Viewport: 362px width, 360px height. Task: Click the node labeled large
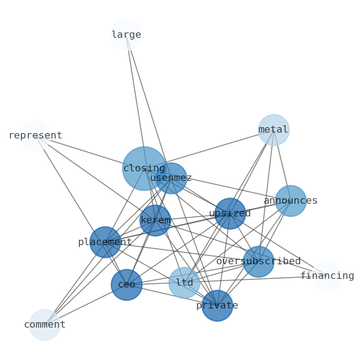126,35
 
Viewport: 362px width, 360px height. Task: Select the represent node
35,135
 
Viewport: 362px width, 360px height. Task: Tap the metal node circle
274,130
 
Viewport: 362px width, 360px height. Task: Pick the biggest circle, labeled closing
144,169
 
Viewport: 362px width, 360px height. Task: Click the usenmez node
171,178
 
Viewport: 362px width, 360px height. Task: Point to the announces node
290,201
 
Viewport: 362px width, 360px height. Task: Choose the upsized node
230,213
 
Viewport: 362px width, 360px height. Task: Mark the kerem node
155,221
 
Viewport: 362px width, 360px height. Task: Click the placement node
105,242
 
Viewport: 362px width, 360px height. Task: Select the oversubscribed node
259,262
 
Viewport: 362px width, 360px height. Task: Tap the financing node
327,276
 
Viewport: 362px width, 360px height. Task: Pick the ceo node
126,285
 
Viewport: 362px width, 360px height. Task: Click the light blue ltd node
184,283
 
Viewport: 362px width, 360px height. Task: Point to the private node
217,305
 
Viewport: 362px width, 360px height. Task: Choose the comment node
45,325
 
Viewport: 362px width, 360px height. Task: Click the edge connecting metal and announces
282,165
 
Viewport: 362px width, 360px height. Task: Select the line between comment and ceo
85,305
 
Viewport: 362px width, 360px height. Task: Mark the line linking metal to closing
209,149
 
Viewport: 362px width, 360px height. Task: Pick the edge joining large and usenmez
148,106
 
